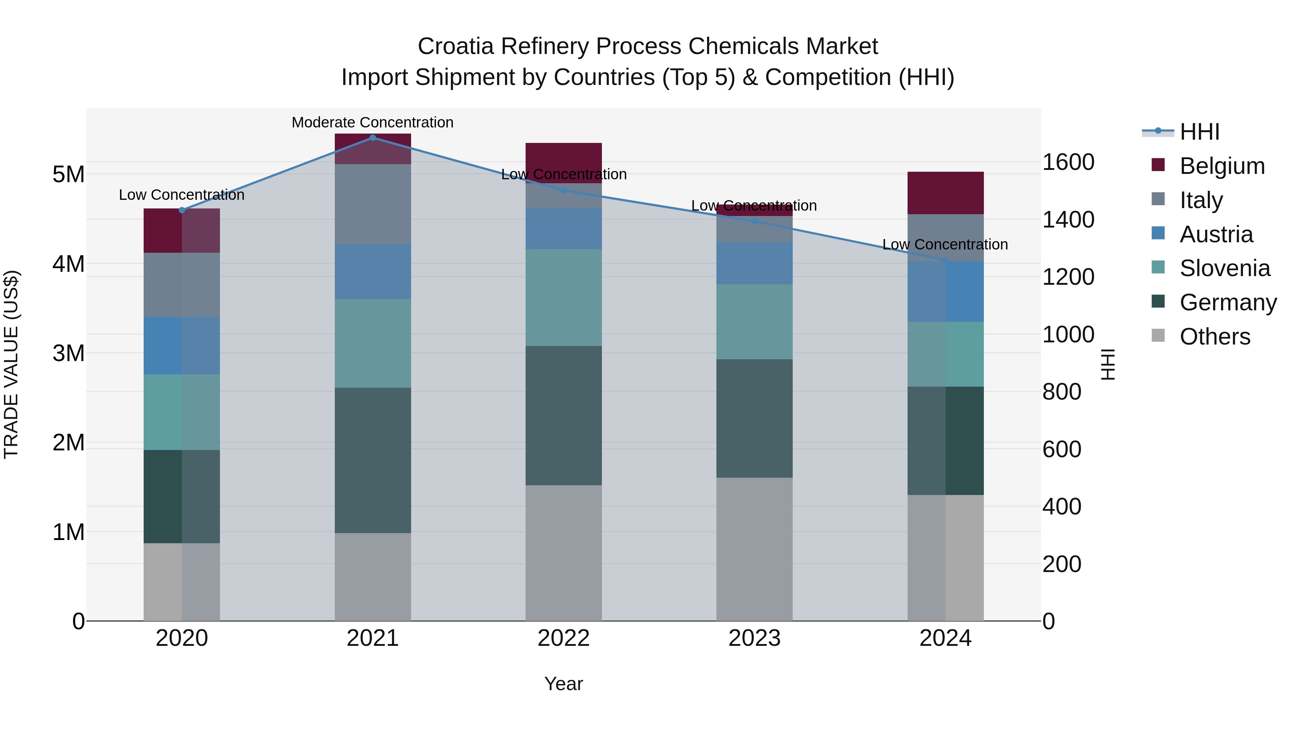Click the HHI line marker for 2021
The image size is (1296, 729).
coord(372,138)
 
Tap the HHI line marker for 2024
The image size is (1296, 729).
coord(945,261)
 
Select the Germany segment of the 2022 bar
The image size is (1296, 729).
coord(563,415)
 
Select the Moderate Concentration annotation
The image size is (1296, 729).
coord(372,122)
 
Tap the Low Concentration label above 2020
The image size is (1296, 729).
coord(182,195)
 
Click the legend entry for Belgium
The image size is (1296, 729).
coord(1221,166)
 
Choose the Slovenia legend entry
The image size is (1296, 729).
coord(1225,268)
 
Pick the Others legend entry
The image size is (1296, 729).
coord(1215,337)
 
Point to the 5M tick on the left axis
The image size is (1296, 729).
coord(68,175)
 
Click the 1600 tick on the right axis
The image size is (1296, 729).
coord(1068,162)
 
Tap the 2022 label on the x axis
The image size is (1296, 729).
coord(563,638)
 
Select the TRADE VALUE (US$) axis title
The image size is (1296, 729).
coord(11,364)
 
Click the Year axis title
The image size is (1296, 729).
coord(563,684)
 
